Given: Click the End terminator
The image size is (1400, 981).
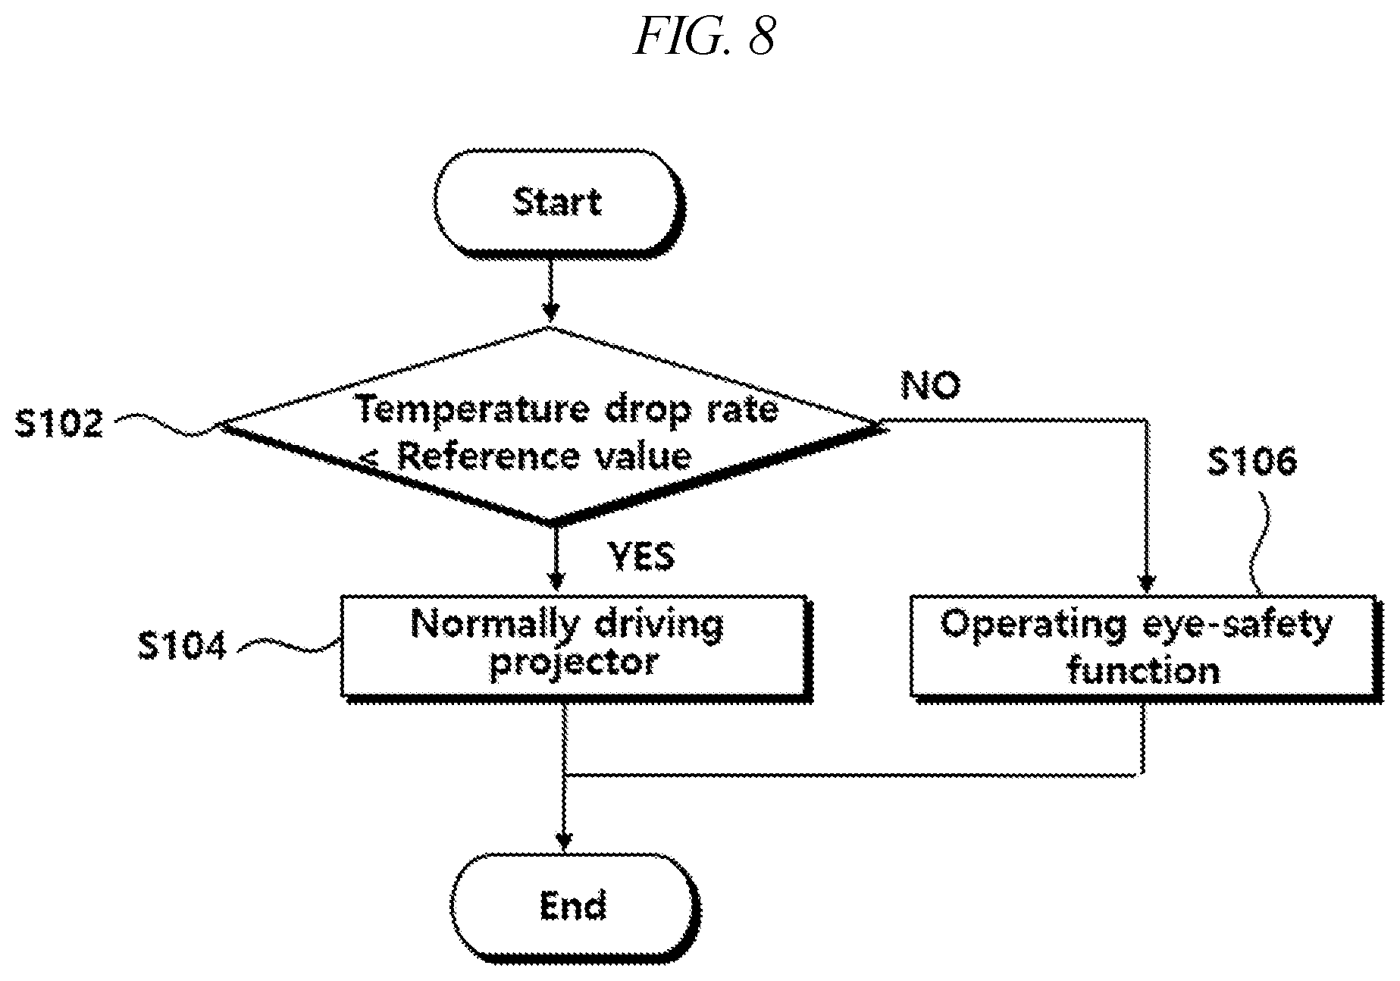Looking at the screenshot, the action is point(574,906).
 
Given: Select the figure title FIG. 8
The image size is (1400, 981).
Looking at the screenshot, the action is point(704,36).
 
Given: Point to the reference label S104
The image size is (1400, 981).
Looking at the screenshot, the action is point(182,647).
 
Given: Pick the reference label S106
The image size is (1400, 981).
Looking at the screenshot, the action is point(1251,461).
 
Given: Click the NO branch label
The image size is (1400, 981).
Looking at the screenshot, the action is point(930,385).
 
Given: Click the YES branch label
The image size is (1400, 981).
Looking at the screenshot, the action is point(641,556).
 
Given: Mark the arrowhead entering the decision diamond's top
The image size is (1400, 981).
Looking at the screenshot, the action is point(551,311).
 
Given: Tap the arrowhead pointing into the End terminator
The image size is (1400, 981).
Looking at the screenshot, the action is point(563,841).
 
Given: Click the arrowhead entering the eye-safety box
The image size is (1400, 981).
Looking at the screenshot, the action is point(1146,583).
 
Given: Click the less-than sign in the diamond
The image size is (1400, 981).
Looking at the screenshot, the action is point(372,458).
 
